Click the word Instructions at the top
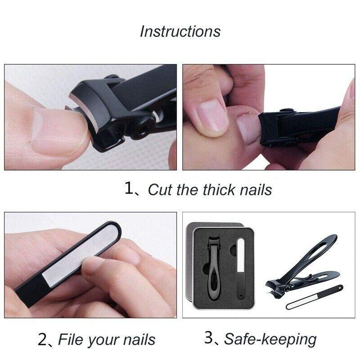pyautogui.click(x=180, y=31)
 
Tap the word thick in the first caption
pyautogui.click(x=211, y=189)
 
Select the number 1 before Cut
pyautogui.click(x=130, y=189)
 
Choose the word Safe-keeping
pyautogui.click(x=270, y=339)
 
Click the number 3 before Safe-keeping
pyautogui.click(x=209, y=338)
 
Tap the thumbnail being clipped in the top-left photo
pyautogui.click(x=56, y=128)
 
